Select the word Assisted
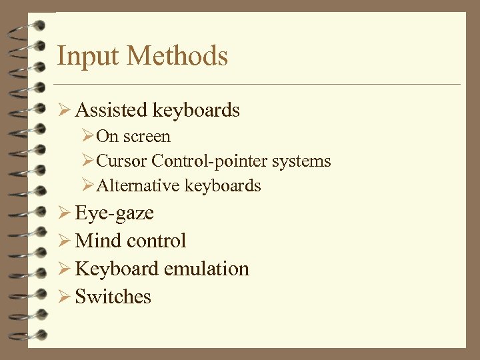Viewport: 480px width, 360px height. pos(111,109)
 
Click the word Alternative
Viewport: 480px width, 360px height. pos(138,185)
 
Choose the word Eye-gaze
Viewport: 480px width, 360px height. pos(115,213)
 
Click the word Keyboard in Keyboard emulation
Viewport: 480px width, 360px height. pos(117,269)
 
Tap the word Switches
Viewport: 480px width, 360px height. pos(113,297)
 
